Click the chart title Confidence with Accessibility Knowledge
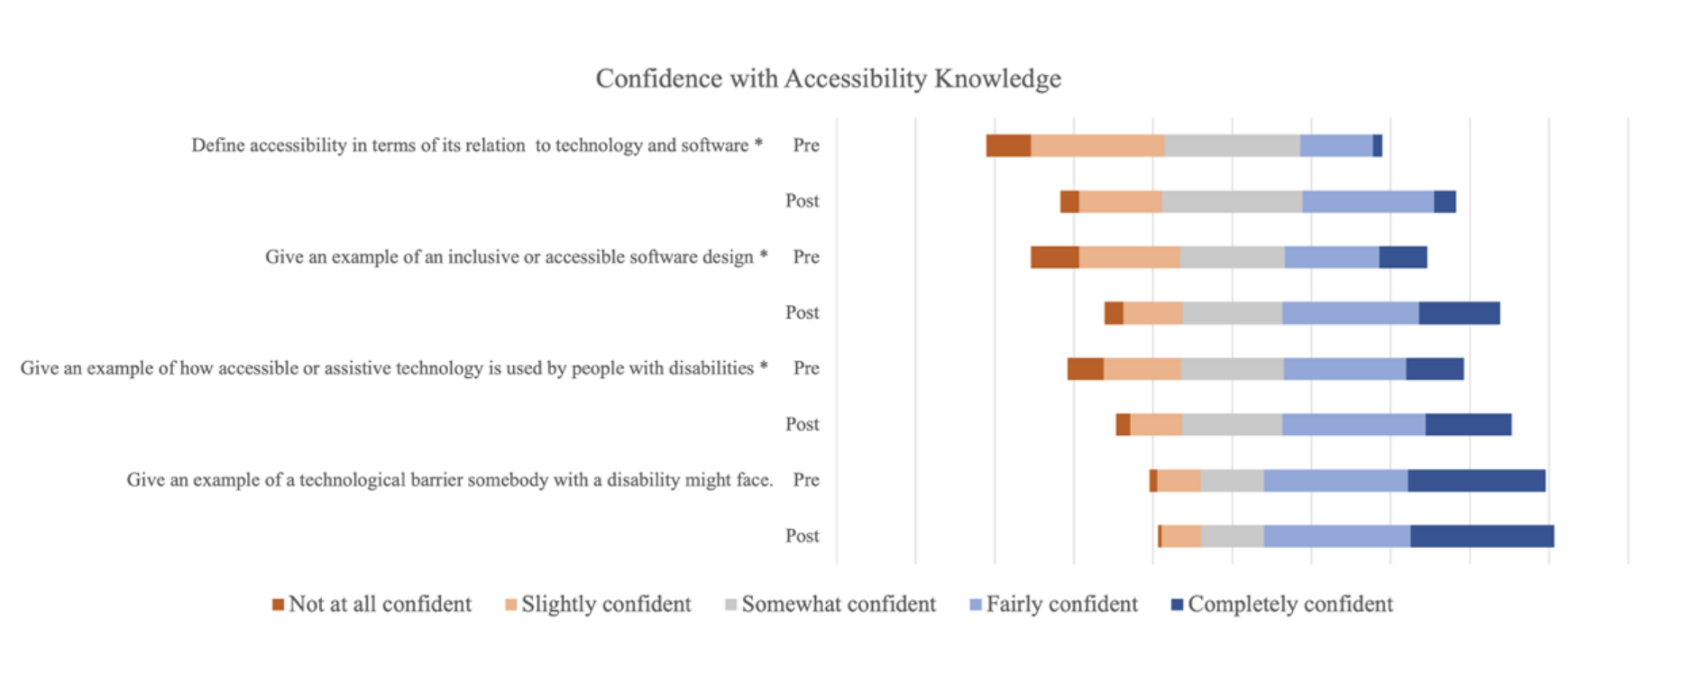(828, 79)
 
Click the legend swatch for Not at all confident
(278, 605)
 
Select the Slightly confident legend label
(606, 605)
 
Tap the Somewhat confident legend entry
(839, 605)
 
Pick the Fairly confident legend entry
(1061, 605)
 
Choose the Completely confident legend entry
(1289, 605)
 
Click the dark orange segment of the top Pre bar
(1008, 145)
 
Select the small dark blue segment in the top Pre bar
(1377, 145)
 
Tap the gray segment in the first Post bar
(1232, 201)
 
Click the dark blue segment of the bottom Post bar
(1482, 536)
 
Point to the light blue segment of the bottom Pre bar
(1335, 480)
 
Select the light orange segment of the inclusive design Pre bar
(1129, 257)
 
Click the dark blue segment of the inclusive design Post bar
(1459, 313)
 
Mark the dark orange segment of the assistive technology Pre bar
(1086, 369)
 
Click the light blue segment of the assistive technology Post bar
(1353, 424)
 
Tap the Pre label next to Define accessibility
(806, 145)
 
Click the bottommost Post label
(802, 536)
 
